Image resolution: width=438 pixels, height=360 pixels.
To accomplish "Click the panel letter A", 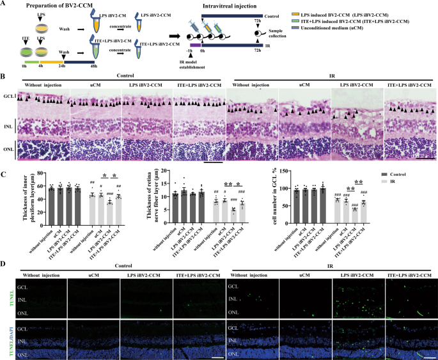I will click(x=4, y=4).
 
